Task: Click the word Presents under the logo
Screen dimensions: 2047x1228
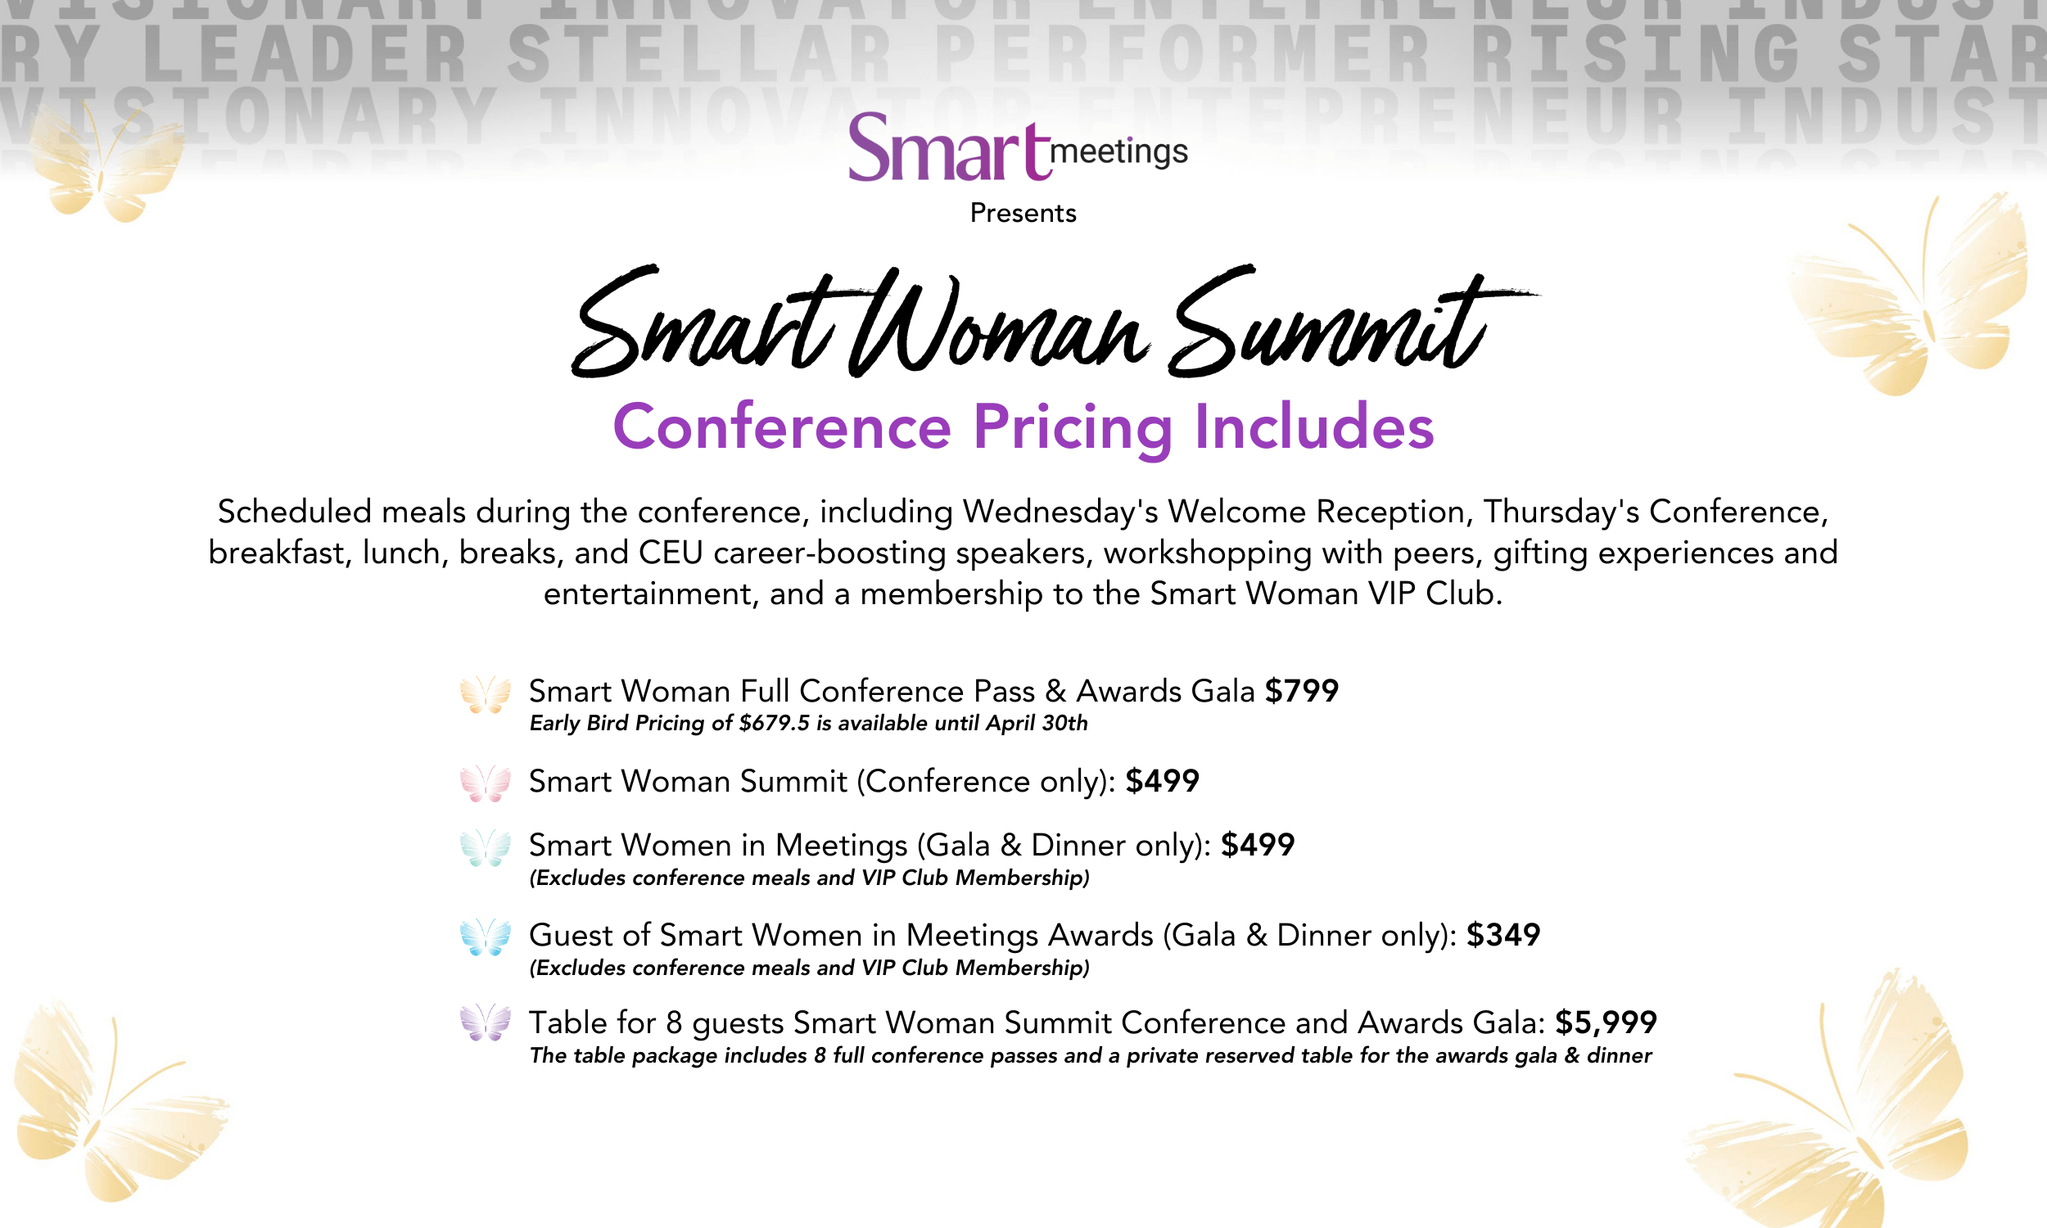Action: (1023, 214)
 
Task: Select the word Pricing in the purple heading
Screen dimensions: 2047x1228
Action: (1073, 429)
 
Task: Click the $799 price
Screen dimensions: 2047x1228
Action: (1302, 691)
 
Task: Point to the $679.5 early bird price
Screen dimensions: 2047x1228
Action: (775, 723)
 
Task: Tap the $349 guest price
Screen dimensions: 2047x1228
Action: (1503, 935)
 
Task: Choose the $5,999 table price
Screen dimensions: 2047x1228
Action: (1606, 1023)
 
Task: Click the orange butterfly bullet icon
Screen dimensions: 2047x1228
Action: (486, 695)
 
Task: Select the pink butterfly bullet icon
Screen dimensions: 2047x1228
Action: (486, 783)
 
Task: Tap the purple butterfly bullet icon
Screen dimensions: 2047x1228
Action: (486, 1023)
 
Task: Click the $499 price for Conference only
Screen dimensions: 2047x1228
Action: (1163, 781)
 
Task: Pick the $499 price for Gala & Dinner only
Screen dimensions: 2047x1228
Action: (1258, 845)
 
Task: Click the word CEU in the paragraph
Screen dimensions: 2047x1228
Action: (671, 553)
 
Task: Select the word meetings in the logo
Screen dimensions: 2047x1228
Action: (1118, 152)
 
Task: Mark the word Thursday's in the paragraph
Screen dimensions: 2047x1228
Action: (1561, 512)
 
